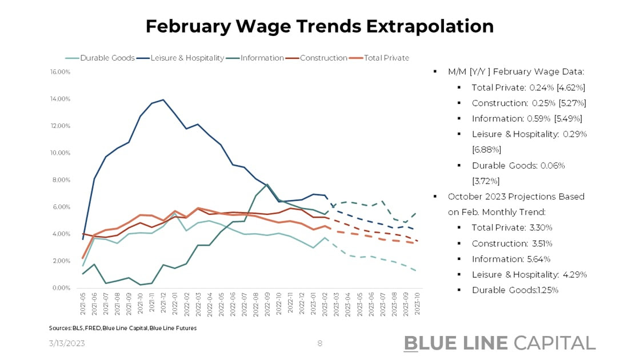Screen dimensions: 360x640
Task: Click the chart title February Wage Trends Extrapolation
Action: tap(319, 26)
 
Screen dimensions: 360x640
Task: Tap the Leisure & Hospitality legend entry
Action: tap(187, 58)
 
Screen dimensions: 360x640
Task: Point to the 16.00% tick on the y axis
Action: tap(60, 72)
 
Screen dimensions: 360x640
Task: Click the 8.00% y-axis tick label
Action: tap(61, 180)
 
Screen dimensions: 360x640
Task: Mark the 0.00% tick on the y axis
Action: tap(61, 288)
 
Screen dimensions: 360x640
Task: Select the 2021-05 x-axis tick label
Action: tap(84, 306)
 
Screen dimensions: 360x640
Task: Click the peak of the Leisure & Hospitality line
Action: tap(164, 100)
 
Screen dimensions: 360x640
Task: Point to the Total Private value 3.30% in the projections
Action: tap(540, 227)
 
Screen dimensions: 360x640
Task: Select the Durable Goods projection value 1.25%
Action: tap(545, 290)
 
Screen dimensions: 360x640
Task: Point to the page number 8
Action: tap(320, 343)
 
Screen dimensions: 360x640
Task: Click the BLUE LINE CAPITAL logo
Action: tap(499, 342)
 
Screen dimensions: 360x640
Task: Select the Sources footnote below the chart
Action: tap(123, 329)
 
